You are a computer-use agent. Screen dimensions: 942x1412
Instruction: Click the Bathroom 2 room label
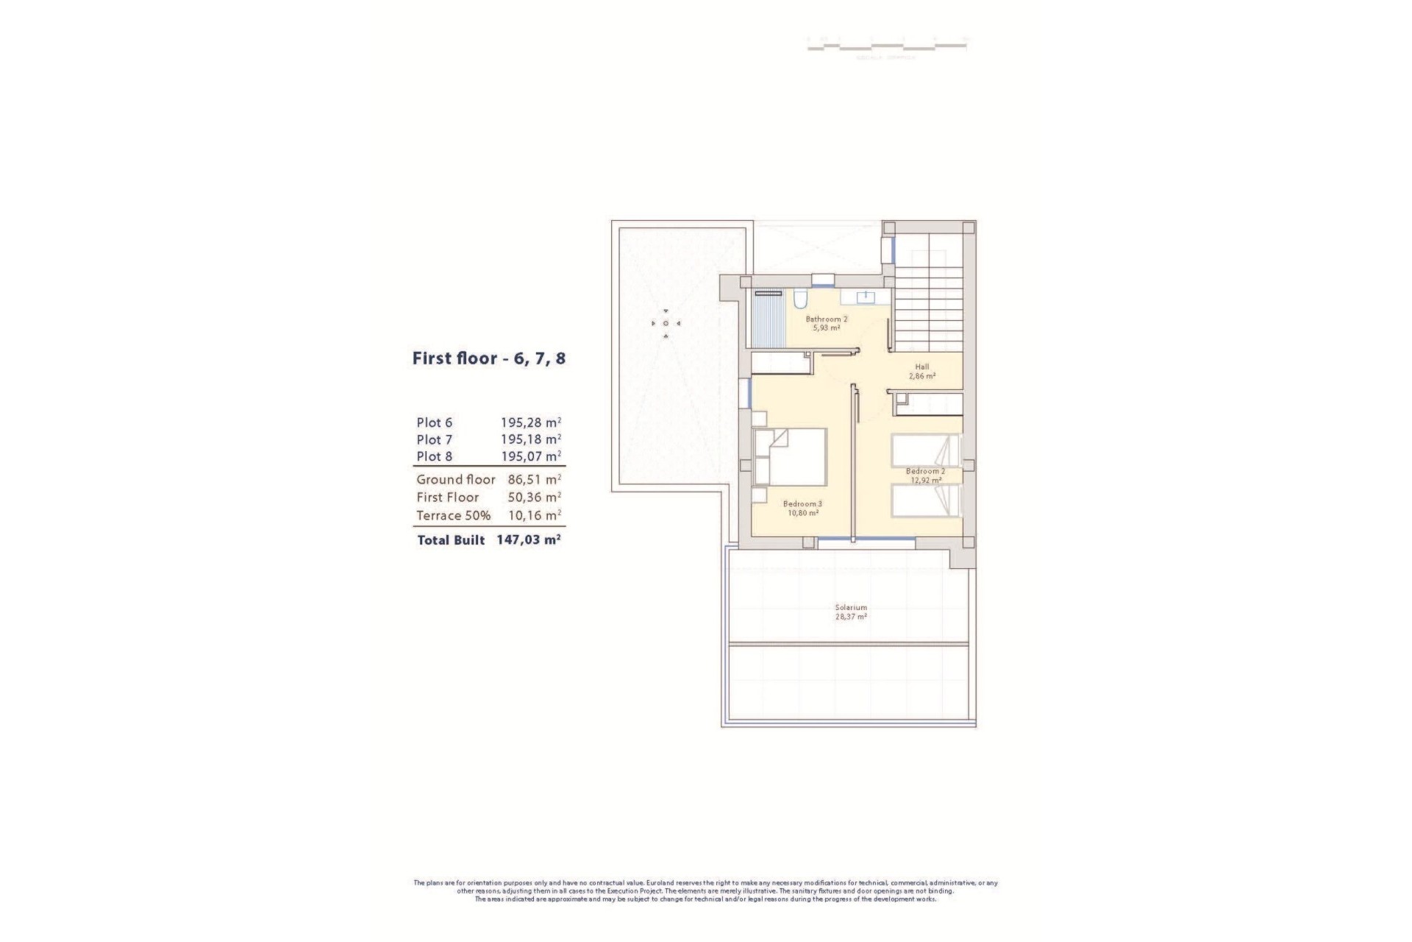(x=826, y=319)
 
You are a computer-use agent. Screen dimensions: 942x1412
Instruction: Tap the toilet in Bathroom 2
(x=800, y=299)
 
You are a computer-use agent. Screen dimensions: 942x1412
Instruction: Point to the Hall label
(x=921, y=366)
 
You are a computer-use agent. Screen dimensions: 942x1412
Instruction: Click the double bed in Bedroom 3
(x=791, y=456)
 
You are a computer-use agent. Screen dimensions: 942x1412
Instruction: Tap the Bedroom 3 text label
(x=802, y=504)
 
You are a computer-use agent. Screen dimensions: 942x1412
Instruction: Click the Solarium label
(x=850, y=608)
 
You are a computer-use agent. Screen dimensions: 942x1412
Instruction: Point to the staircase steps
(x=928, y=309)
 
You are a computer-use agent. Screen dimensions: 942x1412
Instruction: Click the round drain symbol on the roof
(x=666, y=323)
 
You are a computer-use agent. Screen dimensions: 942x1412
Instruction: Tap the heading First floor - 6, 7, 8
(x=488, y=359)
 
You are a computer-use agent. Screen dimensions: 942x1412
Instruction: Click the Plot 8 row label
(x=434, y=456)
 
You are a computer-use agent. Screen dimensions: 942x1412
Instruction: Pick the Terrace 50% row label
(x=453, y=515)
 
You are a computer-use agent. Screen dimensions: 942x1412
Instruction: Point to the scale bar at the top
(x=886, y=46)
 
